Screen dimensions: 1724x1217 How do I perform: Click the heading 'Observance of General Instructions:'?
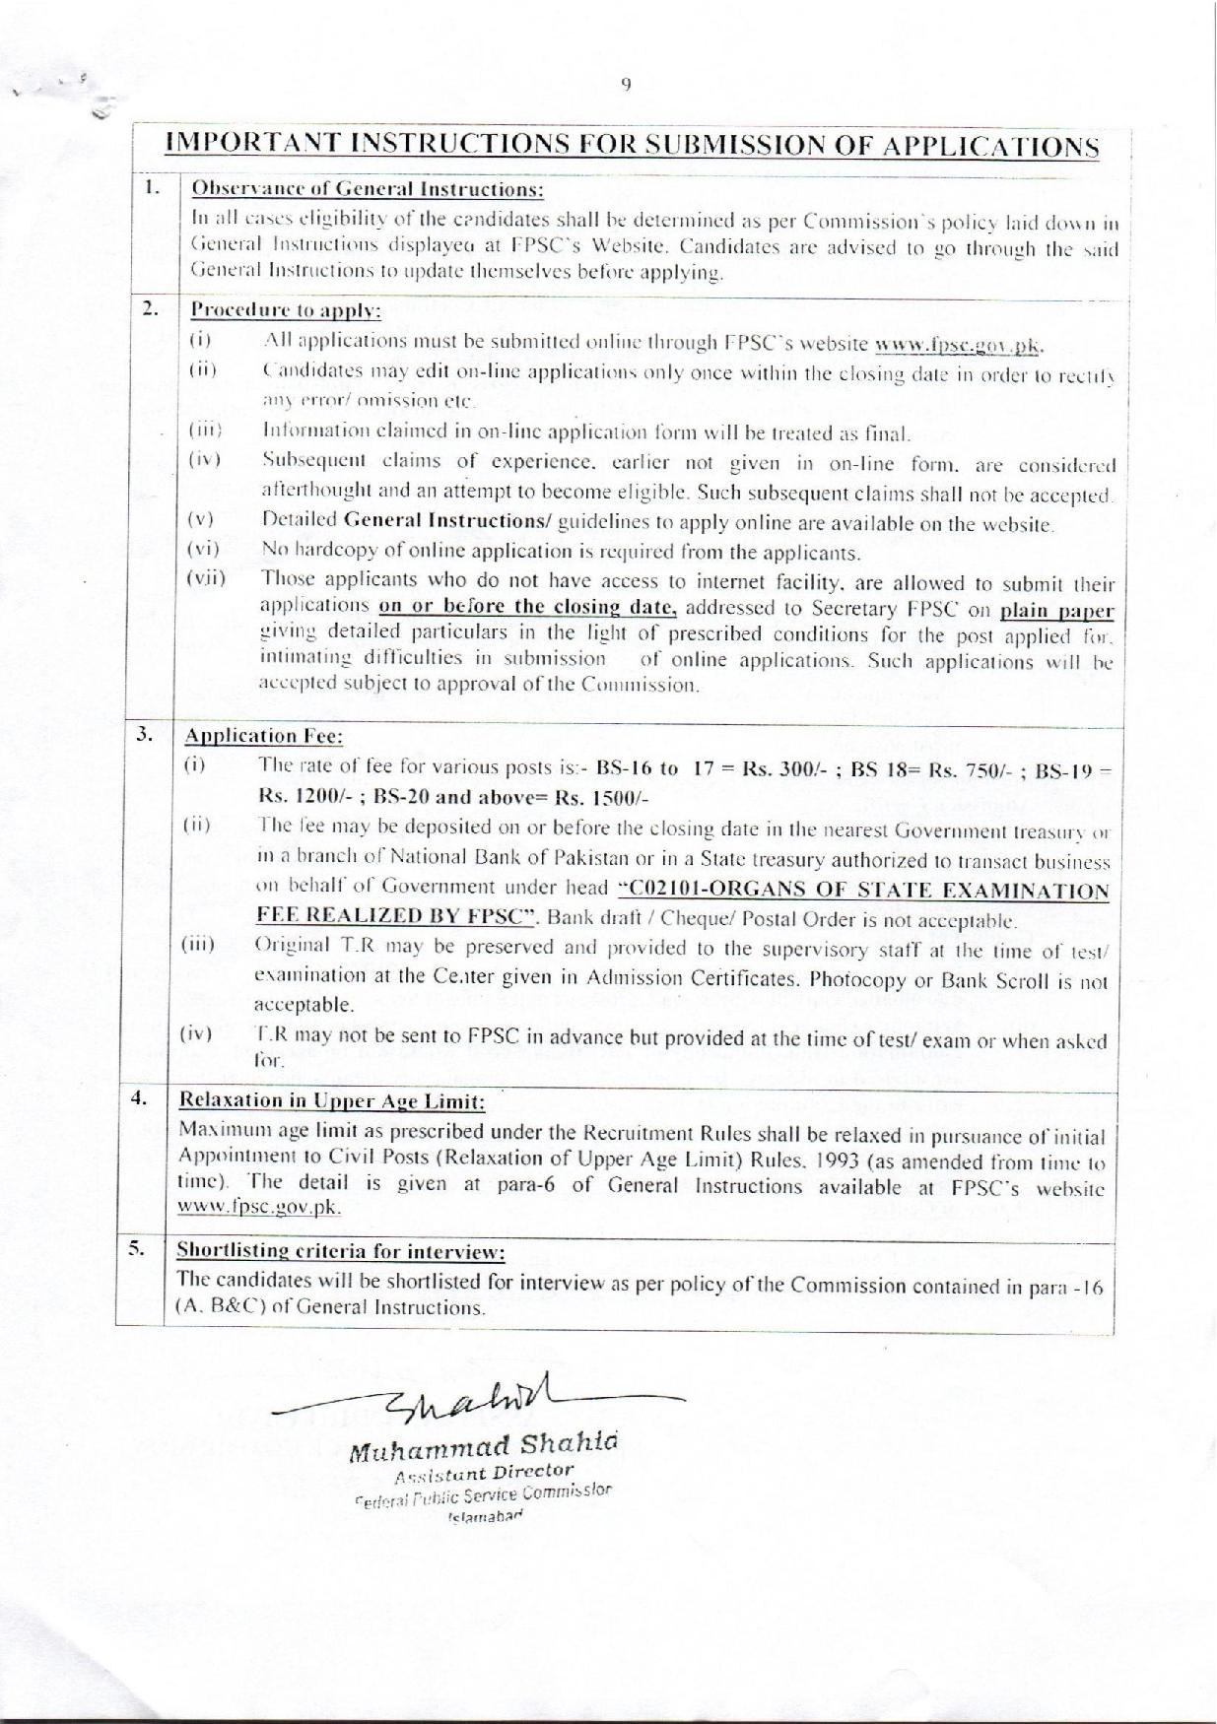pos(368,188)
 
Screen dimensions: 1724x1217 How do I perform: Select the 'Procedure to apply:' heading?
pos(286,309)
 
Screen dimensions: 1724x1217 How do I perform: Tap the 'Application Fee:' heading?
pos(263,736)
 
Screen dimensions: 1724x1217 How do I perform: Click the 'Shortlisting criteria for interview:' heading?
pos(341,1251)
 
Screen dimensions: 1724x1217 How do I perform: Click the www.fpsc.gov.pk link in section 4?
pos(260,1207)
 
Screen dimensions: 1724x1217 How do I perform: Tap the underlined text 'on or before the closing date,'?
pos(528,607)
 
